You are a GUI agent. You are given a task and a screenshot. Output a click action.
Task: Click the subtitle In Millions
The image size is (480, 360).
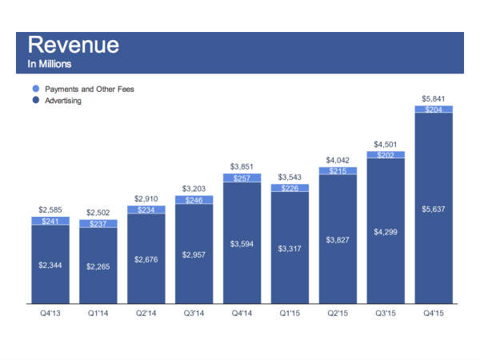coord(50,64)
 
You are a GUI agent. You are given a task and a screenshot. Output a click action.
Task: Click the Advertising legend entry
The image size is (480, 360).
coord(62,101)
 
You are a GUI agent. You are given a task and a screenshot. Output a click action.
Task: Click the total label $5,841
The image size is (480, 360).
coord(434,98)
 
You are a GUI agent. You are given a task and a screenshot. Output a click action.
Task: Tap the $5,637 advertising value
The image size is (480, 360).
coord(434,210)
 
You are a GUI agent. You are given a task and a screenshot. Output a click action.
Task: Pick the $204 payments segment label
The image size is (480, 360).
coord(434,110)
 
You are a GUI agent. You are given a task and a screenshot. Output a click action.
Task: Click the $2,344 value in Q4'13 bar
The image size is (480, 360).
coord(50,265)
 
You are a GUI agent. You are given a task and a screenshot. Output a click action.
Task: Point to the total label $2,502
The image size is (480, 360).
coord(98,212)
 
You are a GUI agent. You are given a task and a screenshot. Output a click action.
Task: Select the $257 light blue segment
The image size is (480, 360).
coord(242,178)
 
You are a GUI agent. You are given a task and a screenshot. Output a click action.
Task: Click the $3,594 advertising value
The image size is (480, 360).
coord(242,244)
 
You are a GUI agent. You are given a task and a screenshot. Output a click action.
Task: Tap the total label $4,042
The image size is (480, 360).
coord(338,159)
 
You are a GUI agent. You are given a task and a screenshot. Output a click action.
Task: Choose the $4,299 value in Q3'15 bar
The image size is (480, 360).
coord(386,232)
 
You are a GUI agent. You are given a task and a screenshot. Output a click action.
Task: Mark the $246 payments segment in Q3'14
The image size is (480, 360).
coord(194,201)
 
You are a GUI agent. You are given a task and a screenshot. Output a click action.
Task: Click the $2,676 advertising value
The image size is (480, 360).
coord(146,260)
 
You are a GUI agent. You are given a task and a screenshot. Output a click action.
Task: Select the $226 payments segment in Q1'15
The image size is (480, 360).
coord(290,189)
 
